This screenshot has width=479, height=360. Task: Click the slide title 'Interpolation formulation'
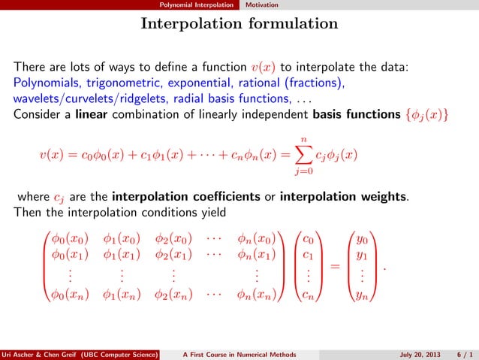point(239,25)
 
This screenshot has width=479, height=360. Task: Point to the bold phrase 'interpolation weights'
point(355,197)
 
